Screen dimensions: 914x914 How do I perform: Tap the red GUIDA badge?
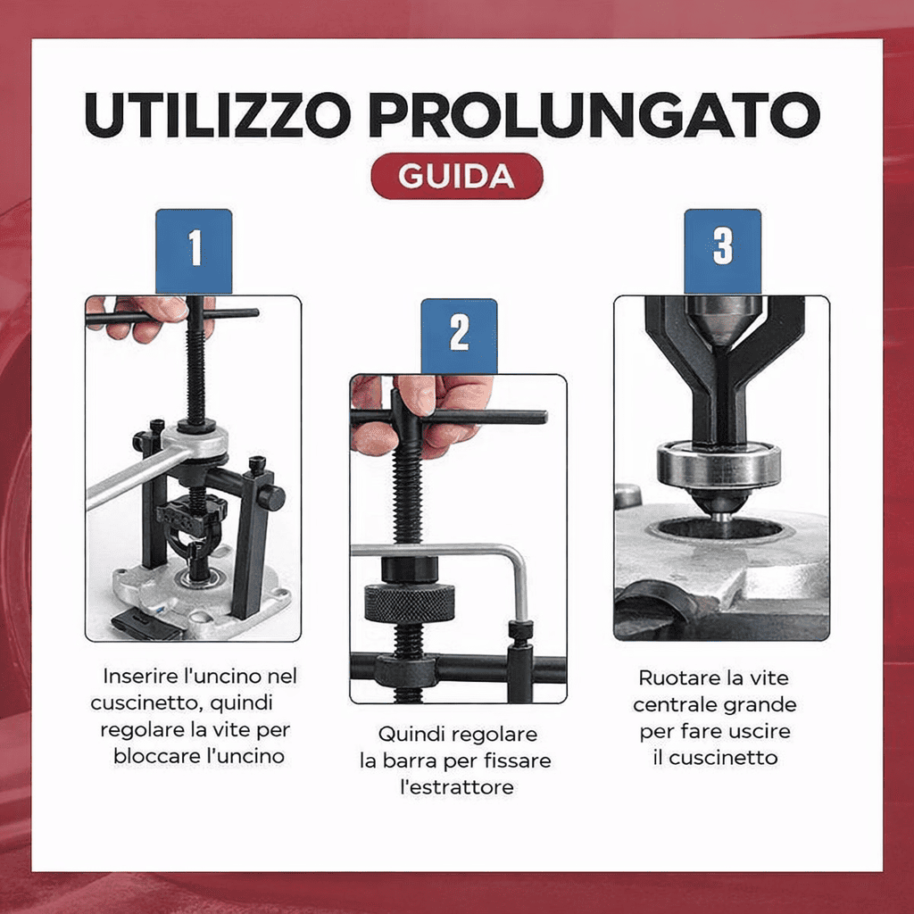coord(456,176)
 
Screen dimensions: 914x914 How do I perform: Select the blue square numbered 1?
coord(194,251)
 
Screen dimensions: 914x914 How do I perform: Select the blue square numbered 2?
coord(459,335)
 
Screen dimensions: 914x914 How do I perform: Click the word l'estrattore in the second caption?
coord(456,787)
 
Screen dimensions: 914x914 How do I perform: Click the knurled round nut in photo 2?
coord(409,603)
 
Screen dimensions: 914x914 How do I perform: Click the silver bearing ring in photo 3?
coord(719,465)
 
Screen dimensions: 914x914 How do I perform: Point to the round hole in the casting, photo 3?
coord(719,528)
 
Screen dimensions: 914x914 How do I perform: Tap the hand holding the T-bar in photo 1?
coord(143,317)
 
